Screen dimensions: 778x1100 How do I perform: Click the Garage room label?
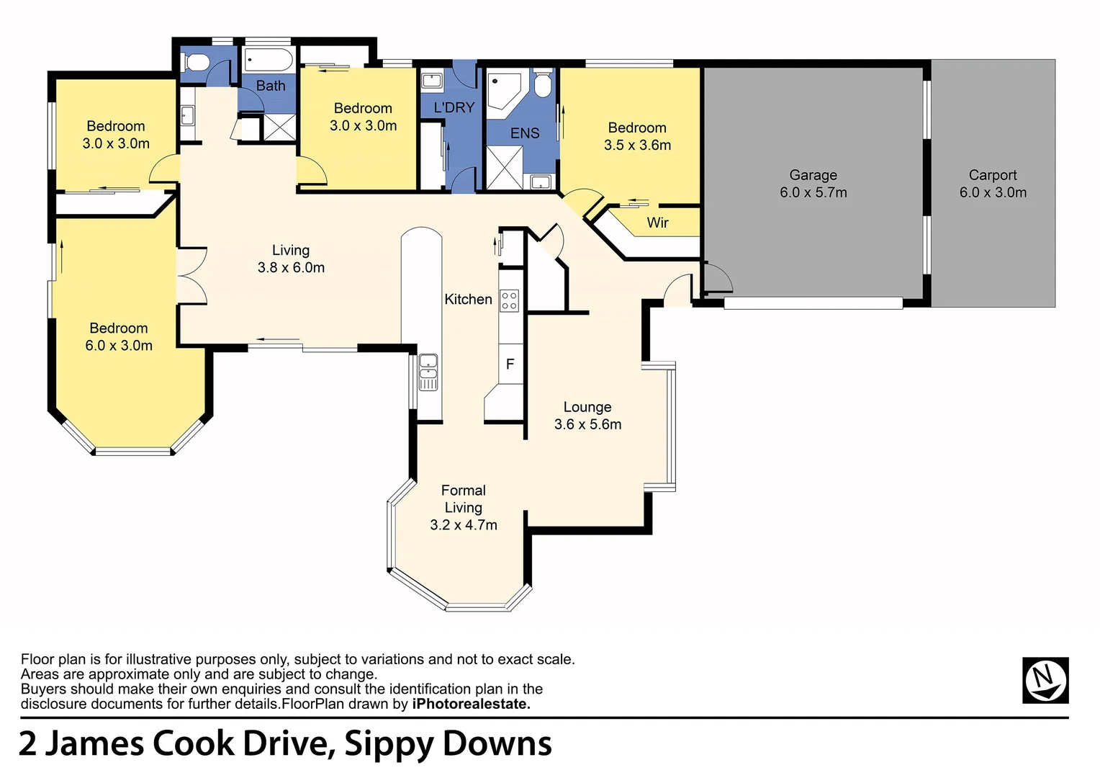[x=813, y=175]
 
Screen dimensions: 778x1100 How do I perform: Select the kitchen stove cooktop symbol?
[x=509, y=300]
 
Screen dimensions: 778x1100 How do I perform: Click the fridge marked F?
[x=510, y=364]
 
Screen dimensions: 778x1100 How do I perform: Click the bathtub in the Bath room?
[x=268, y=60]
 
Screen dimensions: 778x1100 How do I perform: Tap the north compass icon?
[x=1045, y=680]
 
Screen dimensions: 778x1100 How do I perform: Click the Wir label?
[x=657, y=223]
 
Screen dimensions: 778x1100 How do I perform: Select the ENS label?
[x=525, y=133]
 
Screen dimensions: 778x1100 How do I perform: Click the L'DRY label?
[x=454, y=107]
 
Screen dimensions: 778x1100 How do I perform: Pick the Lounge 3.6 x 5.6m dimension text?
[x=587, y=424]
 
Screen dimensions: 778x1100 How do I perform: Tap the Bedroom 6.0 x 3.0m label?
[x=119, y=336]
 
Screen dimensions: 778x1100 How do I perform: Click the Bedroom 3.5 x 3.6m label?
[x=637, y=136]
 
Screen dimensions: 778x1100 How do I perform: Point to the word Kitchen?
[x=468, y=299]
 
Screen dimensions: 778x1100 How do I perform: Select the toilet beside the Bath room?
[x=194, y=63]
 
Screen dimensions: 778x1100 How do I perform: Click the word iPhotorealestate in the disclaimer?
[x=471, y=704]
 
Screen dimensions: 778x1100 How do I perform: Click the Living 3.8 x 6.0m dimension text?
[x=291, y=267]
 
